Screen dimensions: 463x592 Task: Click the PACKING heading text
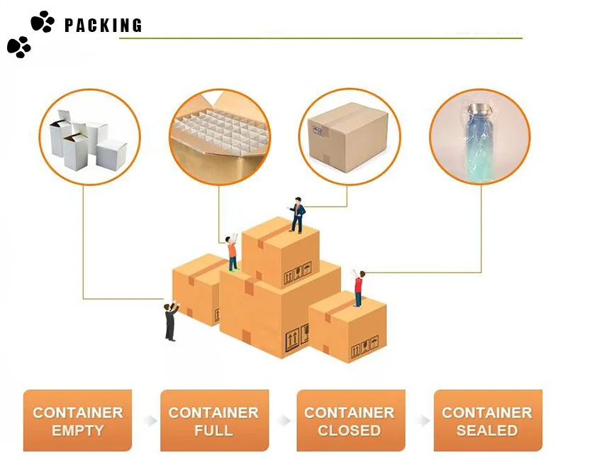click(104, 26)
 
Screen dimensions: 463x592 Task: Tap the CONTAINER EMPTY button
click(77, 420)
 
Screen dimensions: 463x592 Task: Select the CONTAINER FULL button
click(214, 420)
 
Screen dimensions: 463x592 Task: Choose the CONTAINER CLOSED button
click(350, 420)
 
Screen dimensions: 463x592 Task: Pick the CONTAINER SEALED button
click(487, 420)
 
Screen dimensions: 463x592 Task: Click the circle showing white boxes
click(89, 138)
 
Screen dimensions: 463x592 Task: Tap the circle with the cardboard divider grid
click(219, 137)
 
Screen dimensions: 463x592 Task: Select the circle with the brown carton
click(349, 137)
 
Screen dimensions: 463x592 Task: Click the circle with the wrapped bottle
click(480, 137)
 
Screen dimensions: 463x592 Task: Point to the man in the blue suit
click(297, 214)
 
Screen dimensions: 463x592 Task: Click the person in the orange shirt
click(232, 251)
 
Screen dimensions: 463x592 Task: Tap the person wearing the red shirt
click(358, 288)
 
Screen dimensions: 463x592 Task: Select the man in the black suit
click(171, 321)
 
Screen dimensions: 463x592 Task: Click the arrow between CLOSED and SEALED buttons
click(423, 420)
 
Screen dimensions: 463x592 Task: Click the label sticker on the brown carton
click(318, 130)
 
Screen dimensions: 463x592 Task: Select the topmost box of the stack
click(280, 253)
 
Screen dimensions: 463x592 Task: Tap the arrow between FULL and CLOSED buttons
click(285, 420)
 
